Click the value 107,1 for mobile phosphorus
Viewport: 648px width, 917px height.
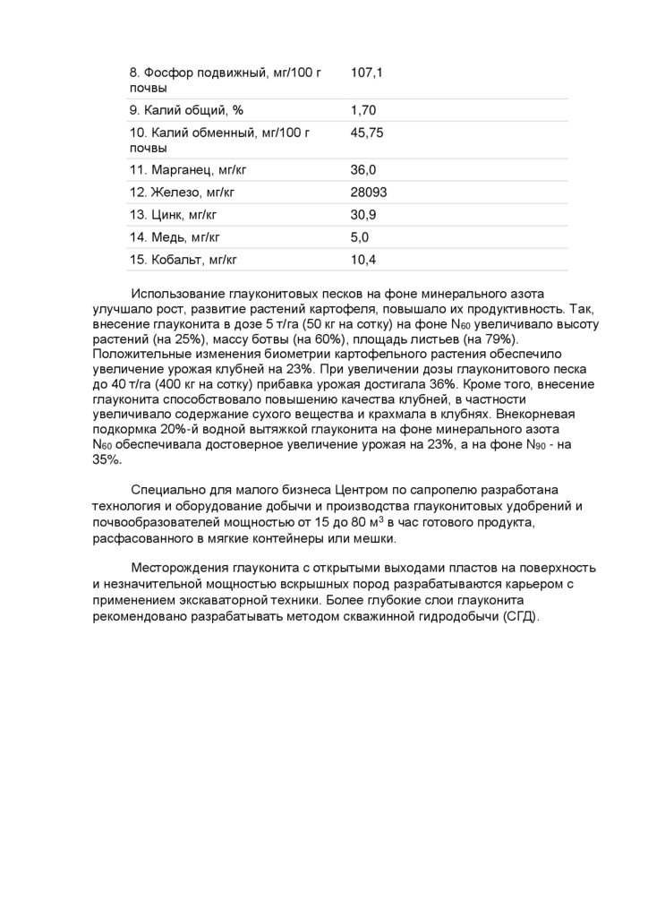367,72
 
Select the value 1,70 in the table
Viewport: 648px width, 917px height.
363,110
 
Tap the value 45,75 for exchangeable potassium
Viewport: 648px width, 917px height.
367,133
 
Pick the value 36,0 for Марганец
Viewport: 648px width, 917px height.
363,170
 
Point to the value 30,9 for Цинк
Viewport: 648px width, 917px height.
363,215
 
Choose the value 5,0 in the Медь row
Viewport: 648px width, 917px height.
360,237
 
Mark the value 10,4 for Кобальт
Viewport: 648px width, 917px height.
363,260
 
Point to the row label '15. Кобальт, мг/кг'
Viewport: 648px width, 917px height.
183,260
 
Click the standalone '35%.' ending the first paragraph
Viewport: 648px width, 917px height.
107,459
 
